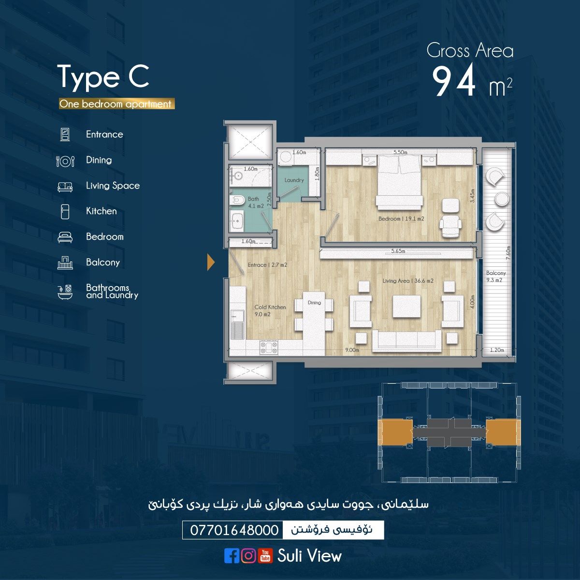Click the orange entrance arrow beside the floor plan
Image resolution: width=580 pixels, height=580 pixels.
[211, 262]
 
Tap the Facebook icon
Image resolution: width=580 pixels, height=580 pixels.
[232, 555]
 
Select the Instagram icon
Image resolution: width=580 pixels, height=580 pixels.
[248, 555]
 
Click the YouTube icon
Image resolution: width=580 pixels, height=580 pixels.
[265, 555]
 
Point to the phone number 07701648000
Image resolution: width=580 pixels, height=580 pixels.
[234, 530]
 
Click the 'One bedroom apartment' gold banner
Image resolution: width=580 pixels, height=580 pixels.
[117, 104]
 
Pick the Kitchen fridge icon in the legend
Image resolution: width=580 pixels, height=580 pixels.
[65, 211]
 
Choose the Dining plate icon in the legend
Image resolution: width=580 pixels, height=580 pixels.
[65, 161]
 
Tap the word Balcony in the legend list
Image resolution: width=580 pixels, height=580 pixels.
[103, 262]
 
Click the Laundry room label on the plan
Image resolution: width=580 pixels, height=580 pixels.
[294, 180]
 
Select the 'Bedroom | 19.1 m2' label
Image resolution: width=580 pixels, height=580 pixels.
[401, 219]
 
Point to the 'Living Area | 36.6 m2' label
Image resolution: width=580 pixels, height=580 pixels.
[408, 281]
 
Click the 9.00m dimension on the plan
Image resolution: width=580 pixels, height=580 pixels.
[352, 350]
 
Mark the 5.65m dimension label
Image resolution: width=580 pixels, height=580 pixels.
[398, 251]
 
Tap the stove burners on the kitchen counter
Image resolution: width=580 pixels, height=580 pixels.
[269, 348]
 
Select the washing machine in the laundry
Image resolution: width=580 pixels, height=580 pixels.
[285, 158]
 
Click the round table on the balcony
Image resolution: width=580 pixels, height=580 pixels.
[501, 199]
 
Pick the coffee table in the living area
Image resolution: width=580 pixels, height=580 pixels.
[406, 306]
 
